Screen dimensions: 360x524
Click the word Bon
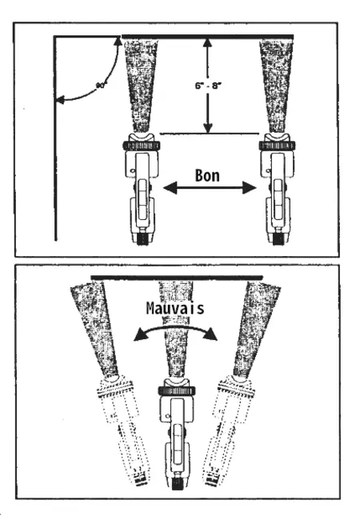(x=207, y=175)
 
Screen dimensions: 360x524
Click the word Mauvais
(x=175, y=308)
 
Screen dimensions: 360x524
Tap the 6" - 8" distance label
(x=208, y=86)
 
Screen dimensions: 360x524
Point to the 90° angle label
(x=101, y=86)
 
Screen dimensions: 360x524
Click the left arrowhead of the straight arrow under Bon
(x=170, y=188)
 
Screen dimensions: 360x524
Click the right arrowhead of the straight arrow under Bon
(x=250, y=188)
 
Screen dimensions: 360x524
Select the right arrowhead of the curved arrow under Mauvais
(x=210, y=334)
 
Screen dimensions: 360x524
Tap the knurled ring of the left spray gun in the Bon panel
(x=141, y=146)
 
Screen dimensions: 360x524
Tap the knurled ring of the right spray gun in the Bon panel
(x=277, y=146)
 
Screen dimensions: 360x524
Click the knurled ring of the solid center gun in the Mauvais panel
(x=177, y=390)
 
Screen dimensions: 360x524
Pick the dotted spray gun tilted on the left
(x=125, y=427)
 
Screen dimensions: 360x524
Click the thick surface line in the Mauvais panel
(x=177, y=278)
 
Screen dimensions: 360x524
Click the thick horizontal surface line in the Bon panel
(x=207, y=37)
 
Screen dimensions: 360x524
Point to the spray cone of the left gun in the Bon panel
(x=141, y=86)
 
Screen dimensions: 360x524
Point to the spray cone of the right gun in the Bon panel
(x=277, y=86)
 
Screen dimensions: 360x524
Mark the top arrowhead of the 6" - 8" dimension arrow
(x=208, y=43)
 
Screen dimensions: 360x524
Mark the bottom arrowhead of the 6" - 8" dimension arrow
(x=208, y=128)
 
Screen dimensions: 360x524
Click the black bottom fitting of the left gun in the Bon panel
(x=142, y=239)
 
